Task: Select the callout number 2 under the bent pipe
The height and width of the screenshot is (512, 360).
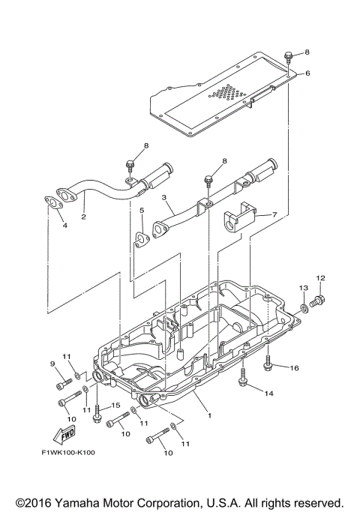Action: coord(83,217)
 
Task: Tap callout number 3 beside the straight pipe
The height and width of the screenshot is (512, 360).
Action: coord(163,199)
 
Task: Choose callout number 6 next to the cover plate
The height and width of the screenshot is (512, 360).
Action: coord(306,73)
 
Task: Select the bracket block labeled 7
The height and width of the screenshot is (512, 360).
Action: coord(238,217)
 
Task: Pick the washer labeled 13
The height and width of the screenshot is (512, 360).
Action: coord(305,307)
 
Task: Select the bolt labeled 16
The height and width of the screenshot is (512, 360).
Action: coord(269,364)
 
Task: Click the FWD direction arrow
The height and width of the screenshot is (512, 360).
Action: coord(64,436)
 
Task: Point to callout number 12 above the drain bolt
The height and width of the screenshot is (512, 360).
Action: coord(322,278)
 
